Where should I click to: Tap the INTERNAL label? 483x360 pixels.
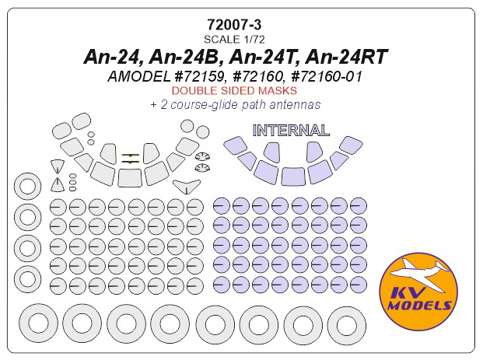[291, 130]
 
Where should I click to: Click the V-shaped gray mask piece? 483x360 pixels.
[185, 186]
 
